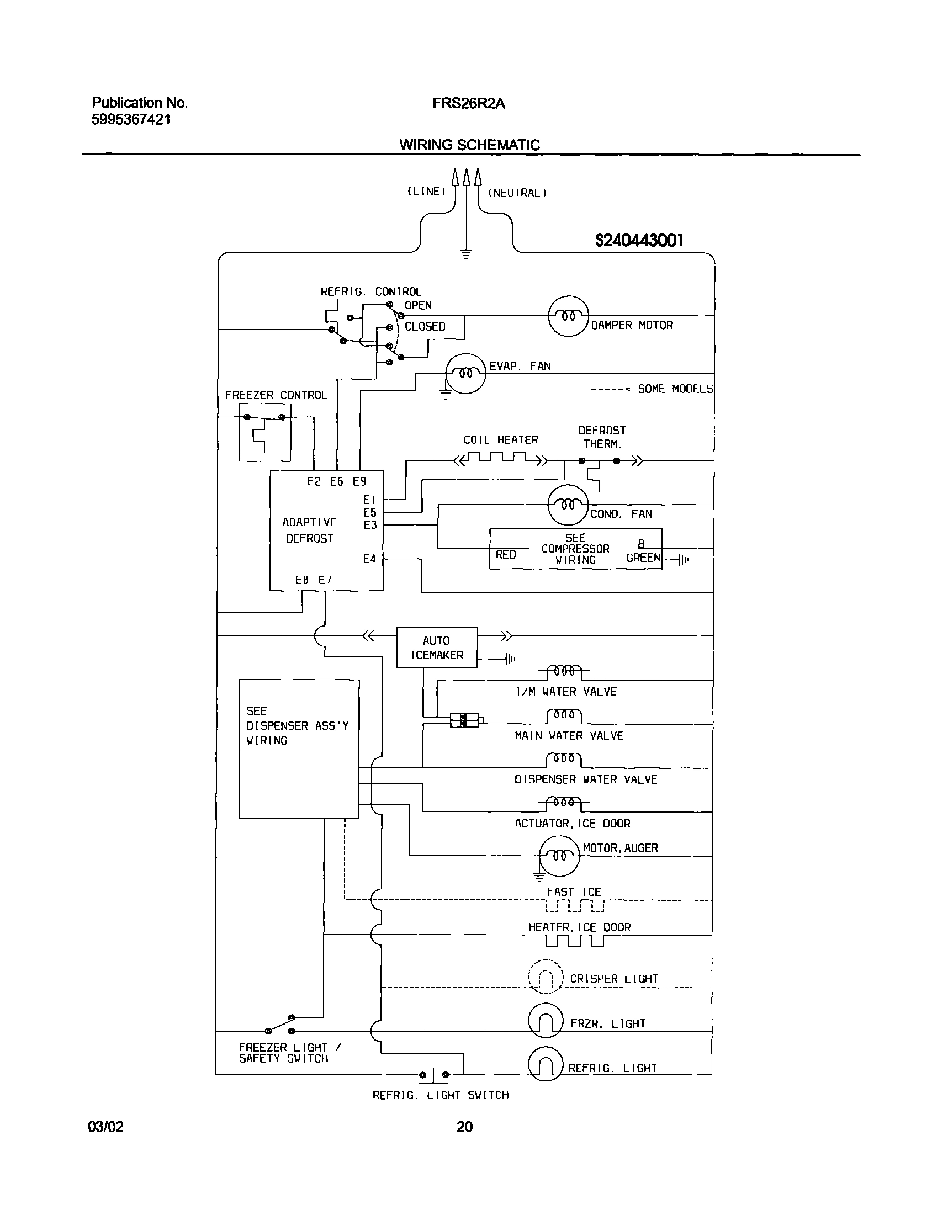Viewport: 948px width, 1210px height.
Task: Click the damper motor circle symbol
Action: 568,316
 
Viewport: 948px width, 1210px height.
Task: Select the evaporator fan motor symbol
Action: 466,373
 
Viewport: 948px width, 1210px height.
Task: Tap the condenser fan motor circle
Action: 567,505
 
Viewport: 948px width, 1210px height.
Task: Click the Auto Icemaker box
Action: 437,648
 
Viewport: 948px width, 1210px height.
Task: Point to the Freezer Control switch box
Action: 265,432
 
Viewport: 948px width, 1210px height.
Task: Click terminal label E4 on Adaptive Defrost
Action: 369,559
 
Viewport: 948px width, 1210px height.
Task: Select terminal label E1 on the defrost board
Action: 370,500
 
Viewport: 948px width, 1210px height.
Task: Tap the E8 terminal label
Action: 302,580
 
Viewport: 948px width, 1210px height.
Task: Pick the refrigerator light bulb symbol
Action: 546,1064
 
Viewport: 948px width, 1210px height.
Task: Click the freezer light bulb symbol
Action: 546,1020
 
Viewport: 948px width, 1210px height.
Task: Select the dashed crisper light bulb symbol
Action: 546,977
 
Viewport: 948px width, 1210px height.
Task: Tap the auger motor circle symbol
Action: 559,855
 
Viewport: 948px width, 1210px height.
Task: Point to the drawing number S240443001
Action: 639,240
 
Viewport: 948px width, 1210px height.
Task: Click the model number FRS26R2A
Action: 468,104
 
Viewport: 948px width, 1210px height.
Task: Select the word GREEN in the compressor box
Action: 643,558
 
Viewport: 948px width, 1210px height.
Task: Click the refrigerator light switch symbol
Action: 433,1075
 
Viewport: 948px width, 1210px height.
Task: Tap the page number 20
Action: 464,1127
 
